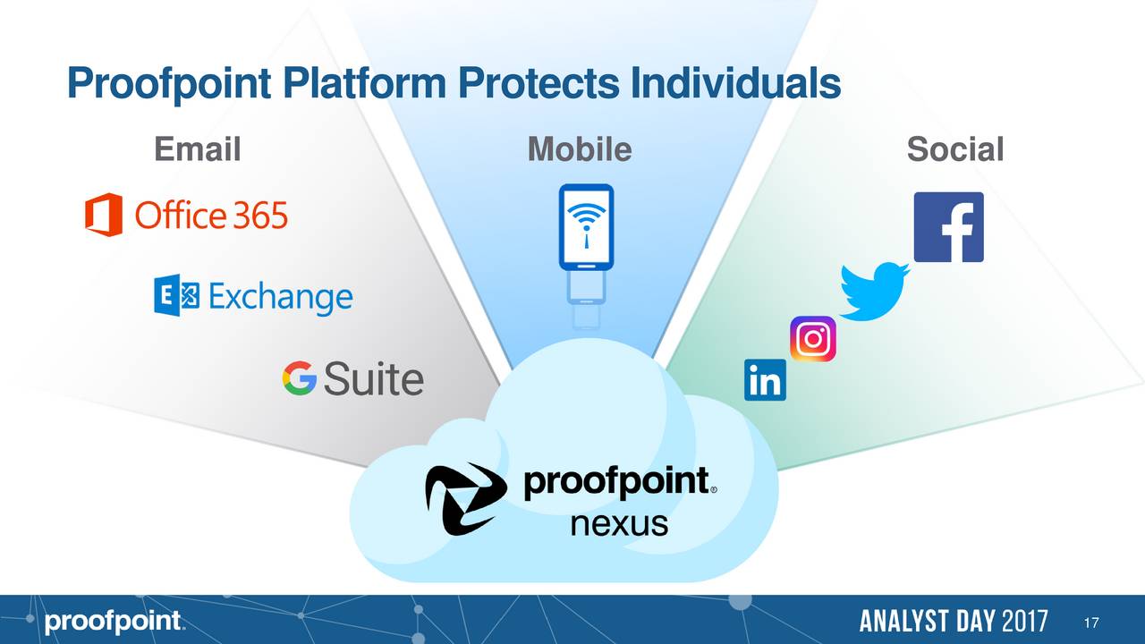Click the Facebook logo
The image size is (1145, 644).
(948, 227)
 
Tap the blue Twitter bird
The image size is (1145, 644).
(875, 291)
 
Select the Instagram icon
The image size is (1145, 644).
(813, 339)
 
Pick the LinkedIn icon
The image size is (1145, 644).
(765, 380)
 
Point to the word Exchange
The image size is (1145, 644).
(280, 298)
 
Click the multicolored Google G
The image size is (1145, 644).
(300, 378)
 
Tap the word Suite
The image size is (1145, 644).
(373, 379)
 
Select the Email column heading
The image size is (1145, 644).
(197, 149)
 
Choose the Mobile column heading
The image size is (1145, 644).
(580, 149)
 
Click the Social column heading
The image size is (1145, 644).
(954, 149)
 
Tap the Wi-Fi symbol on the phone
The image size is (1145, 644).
(586, 219)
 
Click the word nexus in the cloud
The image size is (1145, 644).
(619, 522)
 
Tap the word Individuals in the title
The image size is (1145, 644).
(735, 85)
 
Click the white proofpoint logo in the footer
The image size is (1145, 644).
(114, 623)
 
